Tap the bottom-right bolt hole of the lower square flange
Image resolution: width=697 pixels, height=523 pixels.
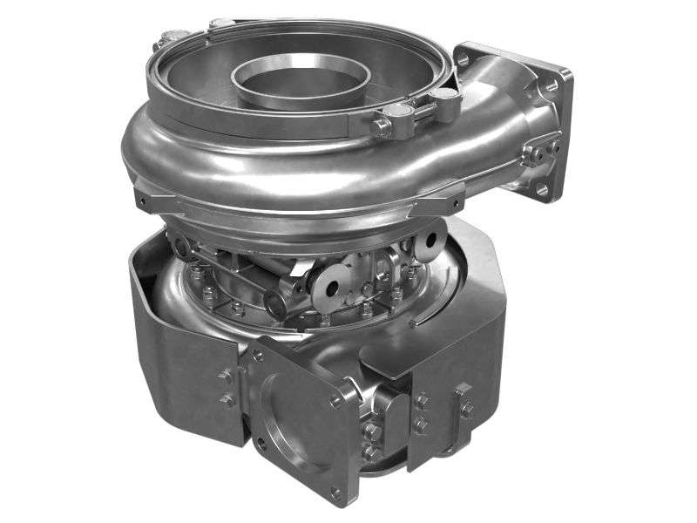336,492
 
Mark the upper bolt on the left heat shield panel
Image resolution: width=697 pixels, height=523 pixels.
226,377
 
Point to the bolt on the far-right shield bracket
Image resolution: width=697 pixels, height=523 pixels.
466,408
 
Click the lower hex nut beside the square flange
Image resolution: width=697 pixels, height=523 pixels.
372,452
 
